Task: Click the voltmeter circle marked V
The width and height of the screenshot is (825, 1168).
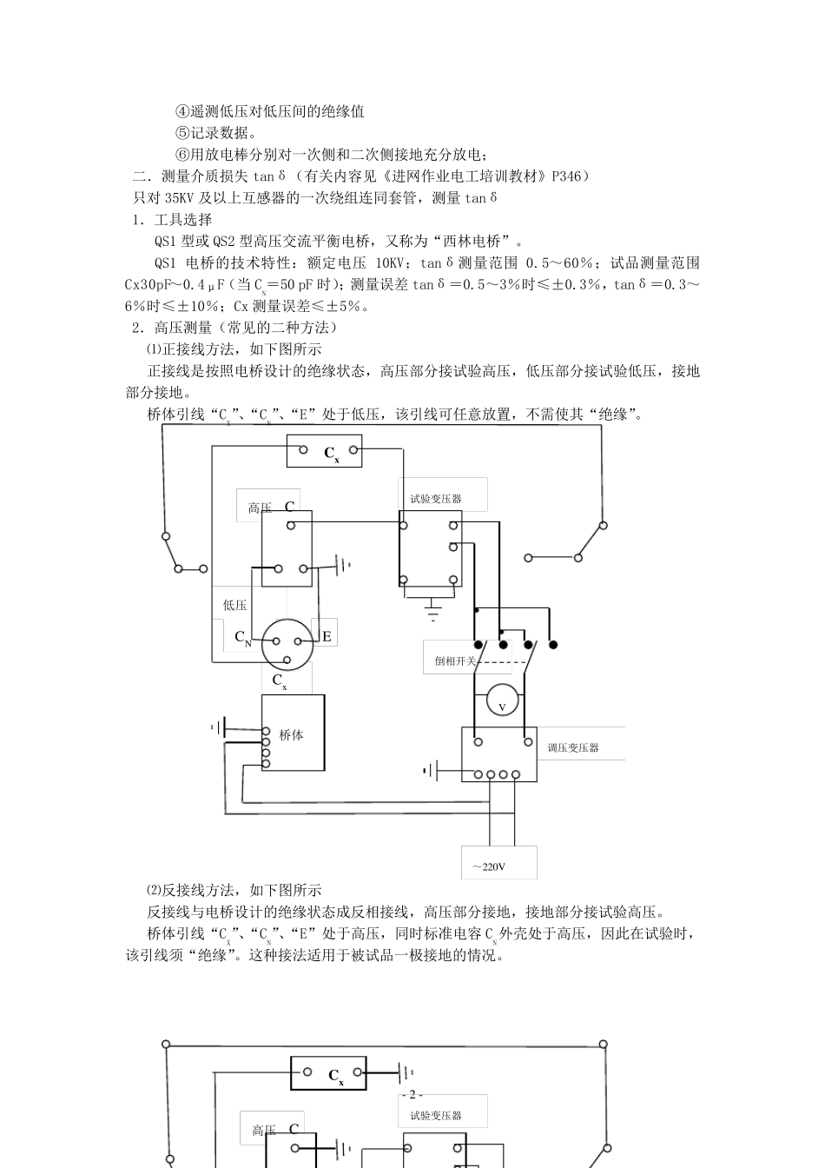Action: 502,699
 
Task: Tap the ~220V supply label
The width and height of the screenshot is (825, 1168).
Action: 490,866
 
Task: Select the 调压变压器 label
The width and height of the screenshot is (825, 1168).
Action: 573,747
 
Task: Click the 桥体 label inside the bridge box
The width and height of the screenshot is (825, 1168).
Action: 291,734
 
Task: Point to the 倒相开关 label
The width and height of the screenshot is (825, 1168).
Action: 456,660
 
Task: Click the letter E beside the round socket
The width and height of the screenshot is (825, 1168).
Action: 327,636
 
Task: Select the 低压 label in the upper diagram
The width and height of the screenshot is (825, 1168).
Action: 234,605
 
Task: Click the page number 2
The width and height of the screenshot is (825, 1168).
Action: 412,1094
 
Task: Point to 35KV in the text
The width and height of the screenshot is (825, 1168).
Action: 177,198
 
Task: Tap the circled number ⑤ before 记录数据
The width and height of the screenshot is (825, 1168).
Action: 182,133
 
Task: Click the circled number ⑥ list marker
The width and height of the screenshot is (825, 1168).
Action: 182,155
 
